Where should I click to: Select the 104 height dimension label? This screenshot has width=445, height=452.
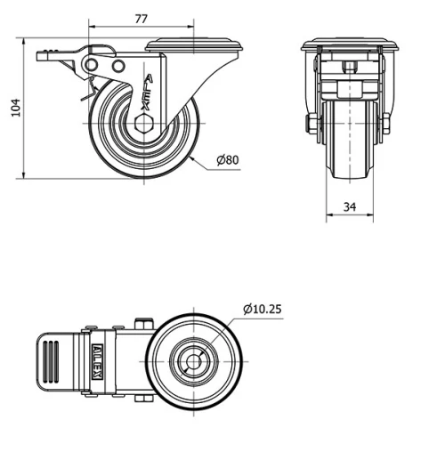[14, 108]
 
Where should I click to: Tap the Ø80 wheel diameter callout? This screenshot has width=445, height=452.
[229, 161]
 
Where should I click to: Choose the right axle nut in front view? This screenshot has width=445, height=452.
[387, 124]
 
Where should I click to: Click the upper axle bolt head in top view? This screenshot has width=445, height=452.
[142, 324]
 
